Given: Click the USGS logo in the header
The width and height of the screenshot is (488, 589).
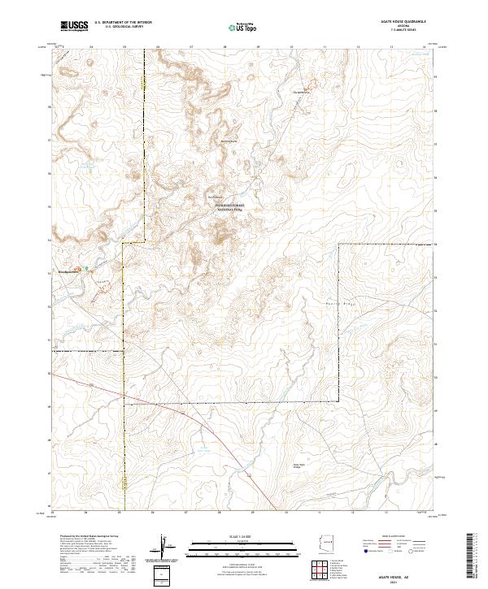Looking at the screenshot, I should click(x=74, y=26).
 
